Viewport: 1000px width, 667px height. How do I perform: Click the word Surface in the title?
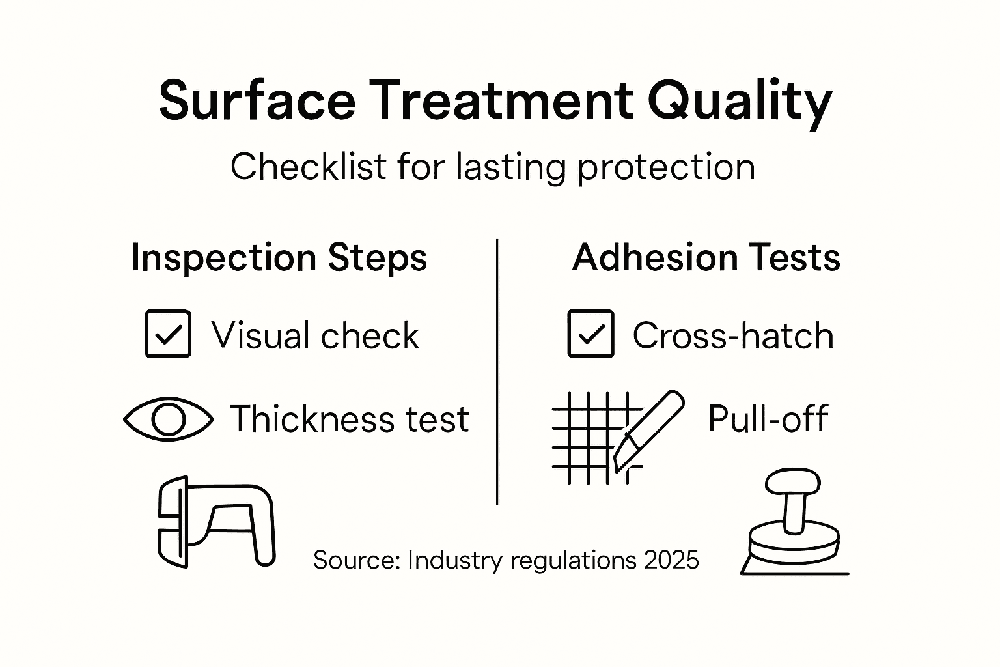pyautogui.click(x=257, y=101)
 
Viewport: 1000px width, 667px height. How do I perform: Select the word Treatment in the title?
pyautogui.click(x=502, y=101)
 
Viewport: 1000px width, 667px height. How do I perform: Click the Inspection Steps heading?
pyautogui.click(x=279, y=257)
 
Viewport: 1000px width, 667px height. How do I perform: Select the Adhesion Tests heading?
pyautogui.click(x=706, y=257)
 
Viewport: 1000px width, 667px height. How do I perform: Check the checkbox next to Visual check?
pyautogui.click(x=168, y=333)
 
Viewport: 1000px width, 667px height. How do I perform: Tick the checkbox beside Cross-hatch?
pyautogui.click(x=590, y=333)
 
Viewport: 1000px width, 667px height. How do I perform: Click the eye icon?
pyautogui.click(x=168, y=419)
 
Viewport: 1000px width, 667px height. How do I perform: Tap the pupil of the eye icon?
pyautogui.click(x=168, y=419)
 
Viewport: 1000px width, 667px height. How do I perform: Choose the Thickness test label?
pyautogui.click(x=350, y=419)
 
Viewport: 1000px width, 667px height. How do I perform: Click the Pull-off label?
pyautogui.click(x=768, y=419)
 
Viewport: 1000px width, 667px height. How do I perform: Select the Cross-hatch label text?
pyautogui.click(x=733, y=336)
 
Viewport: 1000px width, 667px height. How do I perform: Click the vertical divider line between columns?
pyautogui.click(x=497, y=371)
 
